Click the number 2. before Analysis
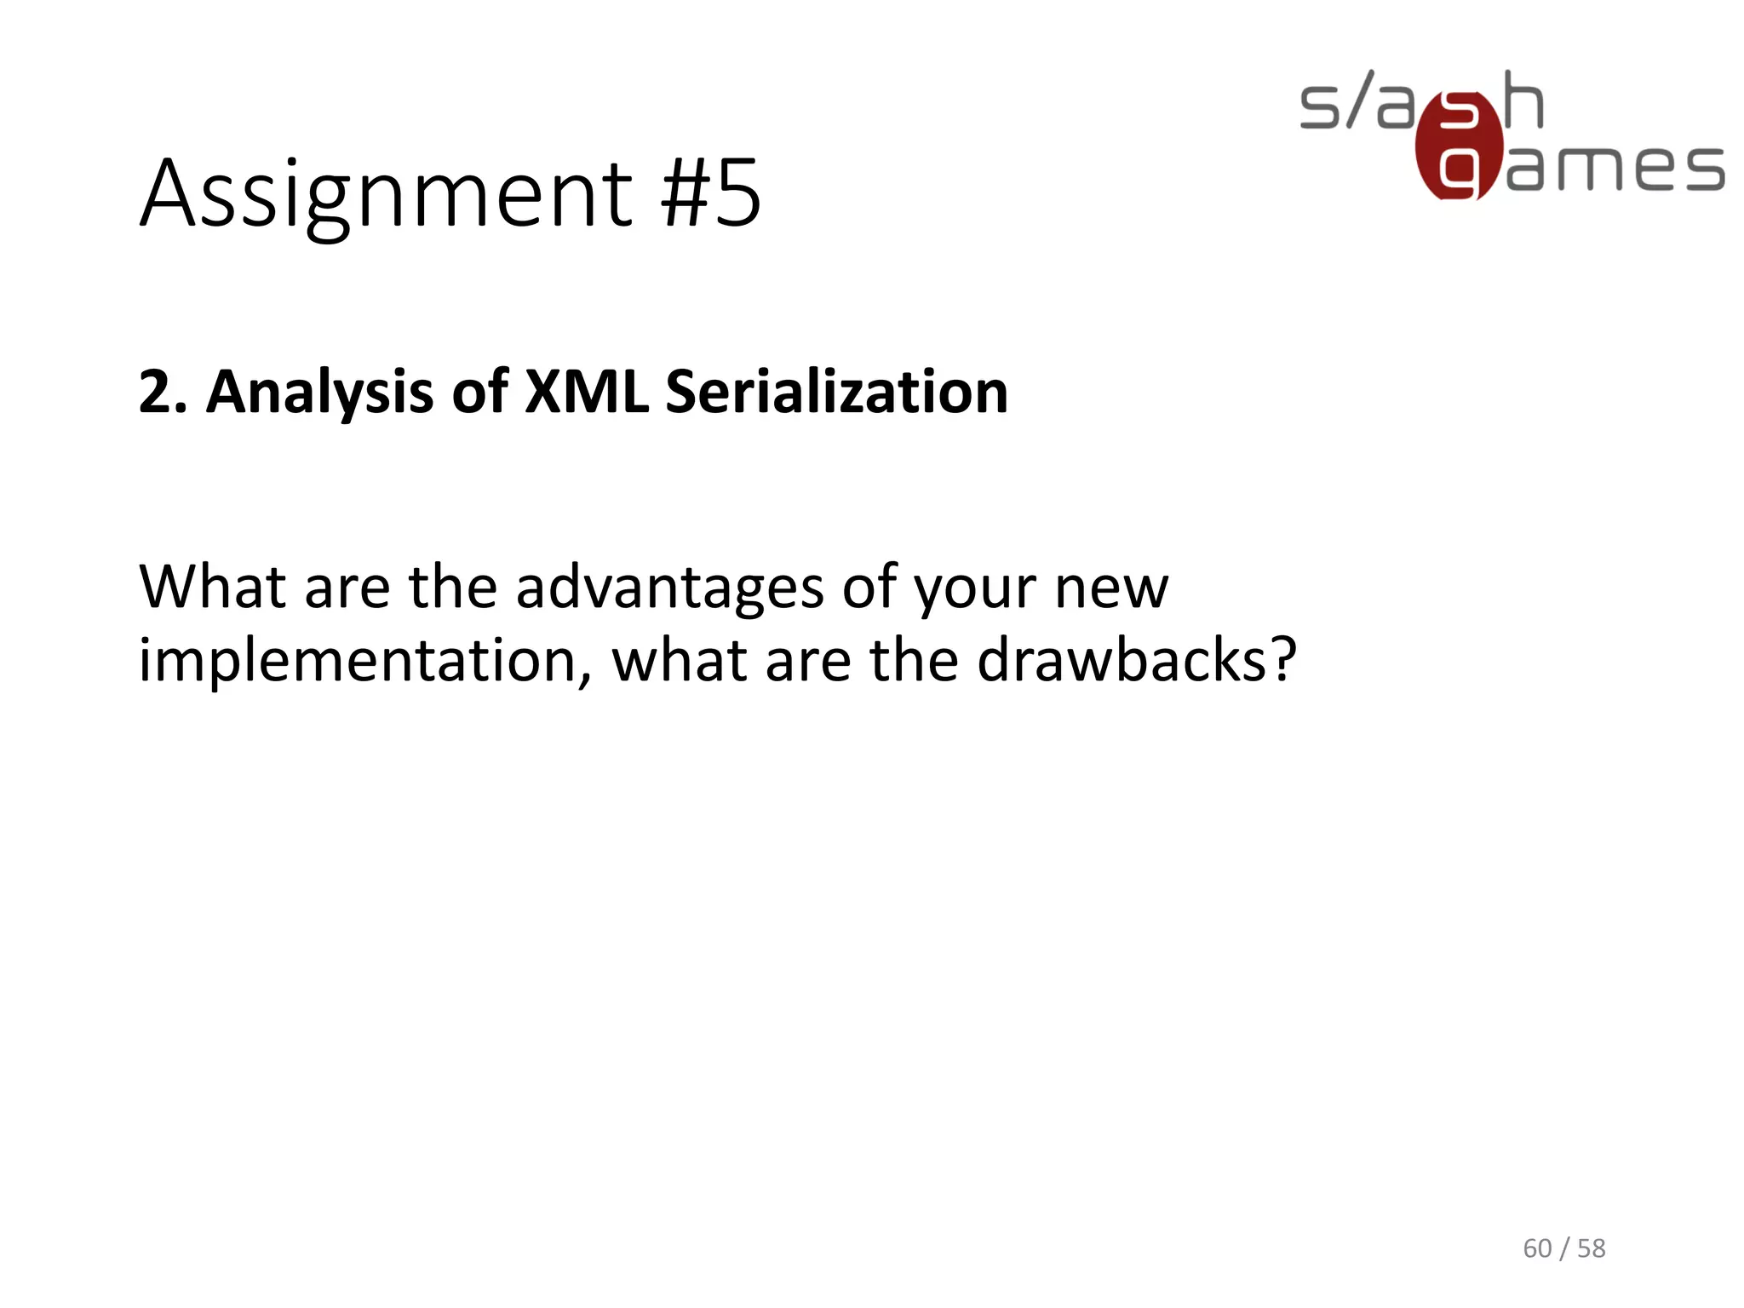[162, 393]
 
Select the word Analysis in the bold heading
[319, 393]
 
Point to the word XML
[587, 393]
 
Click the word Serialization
[836, 393]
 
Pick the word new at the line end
[1111, 589]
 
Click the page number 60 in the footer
[1537, 1248]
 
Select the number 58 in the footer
[1591, 1248]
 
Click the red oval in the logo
[1458, 146]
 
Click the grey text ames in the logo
[1615, 168]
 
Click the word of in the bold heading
[479, 393]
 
